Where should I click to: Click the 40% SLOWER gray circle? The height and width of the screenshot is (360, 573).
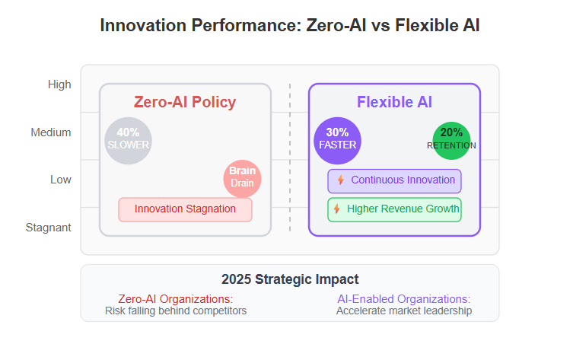coord(129,141)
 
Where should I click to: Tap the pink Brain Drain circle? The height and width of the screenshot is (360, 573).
coord(242,179)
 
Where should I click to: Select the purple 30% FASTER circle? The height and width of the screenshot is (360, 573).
coord(337,141)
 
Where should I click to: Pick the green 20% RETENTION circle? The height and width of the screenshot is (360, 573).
coord(451,141)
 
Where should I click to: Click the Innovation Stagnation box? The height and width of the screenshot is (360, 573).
coord(185,210)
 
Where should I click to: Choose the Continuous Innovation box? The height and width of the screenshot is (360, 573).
coord(394,181)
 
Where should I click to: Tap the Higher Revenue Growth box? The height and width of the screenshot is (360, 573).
coord(394,210)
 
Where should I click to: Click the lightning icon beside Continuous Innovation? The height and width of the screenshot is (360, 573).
coord(341,180)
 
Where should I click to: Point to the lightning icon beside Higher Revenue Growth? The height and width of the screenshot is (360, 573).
coord(337,209)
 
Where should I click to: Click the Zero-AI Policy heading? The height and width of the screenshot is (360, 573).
coord(185,102)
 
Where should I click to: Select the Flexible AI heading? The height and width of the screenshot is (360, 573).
coord(394,102)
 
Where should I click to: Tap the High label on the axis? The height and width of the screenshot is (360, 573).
coord(59,84)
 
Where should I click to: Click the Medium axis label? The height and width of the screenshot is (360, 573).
coord(51,132)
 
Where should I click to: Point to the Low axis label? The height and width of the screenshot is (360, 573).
coord(61,180)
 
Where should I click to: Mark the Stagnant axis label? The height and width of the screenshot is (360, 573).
coord(48,228)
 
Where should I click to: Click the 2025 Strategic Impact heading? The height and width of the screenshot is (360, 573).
coord(290,279)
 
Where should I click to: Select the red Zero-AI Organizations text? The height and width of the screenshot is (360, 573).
coord(176,299)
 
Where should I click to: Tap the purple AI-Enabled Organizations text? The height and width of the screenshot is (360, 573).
coord(404,299)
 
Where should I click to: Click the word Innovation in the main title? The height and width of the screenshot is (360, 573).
coord(144,26)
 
